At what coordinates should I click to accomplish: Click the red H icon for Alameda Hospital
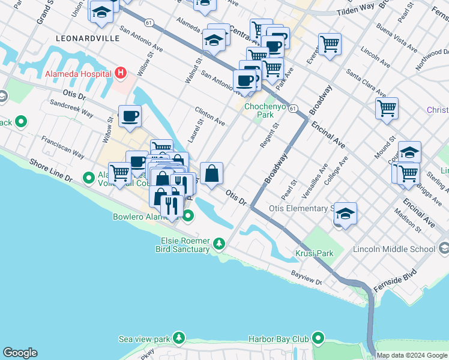(x=121, y=73)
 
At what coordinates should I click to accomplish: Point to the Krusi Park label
(x=314, y=253)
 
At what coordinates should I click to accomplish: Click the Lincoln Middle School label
(x=394, y=249)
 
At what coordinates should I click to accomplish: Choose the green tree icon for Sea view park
(x=178, y=339)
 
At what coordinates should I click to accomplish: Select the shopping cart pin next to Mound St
(x=387, y=109)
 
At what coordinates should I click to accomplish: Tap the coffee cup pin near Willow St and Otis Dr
(x=130, y=116)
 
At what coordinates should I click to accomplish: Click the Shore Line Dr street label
(x=50, y=171)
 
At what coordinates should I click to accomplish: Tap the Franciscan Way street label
(x=62, y=146)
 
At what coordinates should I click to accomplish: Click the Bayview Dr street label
(x=307, y=277)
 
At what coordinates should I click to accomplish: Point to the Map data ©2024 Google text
(x=412, y=355)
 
